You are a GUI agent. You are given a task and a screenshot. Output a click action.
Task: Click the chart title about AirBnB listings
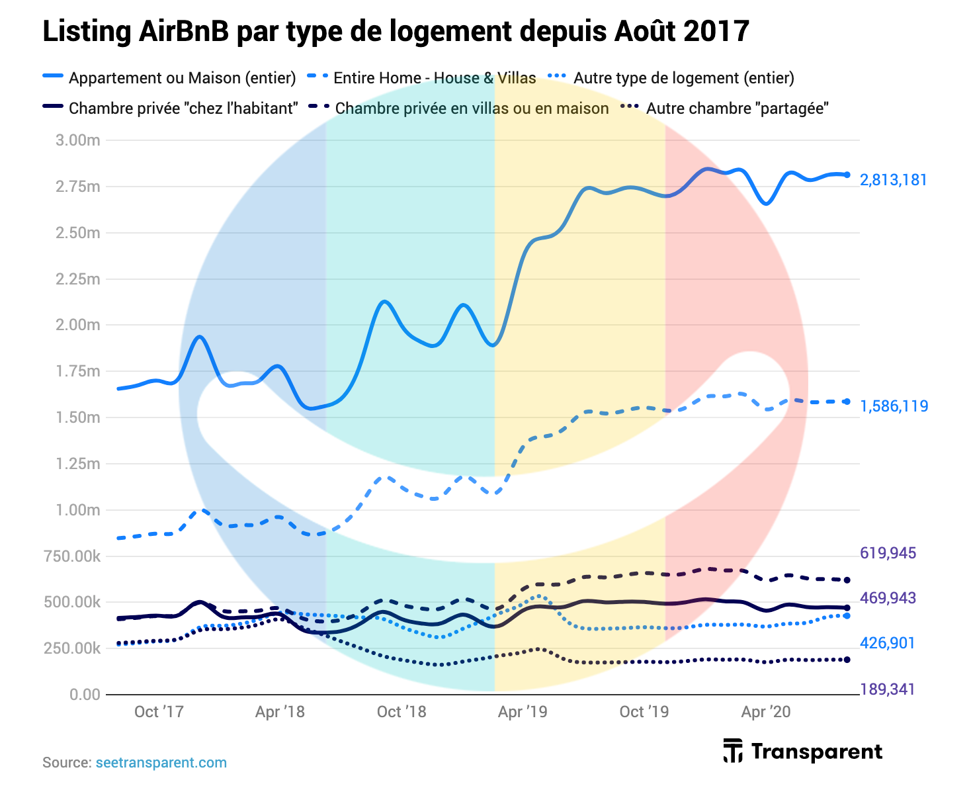click(x=396, y=31)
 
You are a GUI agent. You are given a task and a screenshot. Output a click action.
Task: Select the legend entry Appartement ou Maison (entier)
click(x=182, y=78)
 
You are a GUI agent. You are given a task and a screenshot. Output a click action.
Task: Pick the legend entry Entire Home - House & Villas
click(x=434, y=78)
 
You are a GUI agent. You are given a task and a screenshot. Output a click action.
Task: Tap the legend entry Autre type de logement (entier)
click(x=683, y=78)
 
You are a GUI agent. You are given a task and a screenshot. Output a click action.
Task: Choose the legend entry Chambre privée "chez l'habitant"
click(x=183, y=108)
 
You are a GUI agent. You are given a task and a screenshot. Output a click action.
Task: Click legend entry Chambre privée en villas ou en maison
click(x=472, y=108)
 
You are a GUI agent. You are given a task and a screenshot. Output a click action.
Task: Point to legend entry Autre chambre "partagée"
click(x=737, y=108)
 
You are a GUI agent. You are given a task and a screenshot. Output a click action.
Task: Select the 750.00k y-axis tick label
click(x=72, y=556)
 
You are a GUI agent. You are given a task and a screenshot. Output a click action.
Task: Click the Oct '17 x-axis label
click(x=159, y=712)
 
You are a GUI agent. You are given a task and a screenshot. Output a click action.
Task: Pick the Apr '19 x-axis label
click(x=523, y=712)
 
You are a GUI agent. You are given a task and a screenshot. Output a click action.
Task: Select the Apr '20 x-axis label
click(x=765, y=712)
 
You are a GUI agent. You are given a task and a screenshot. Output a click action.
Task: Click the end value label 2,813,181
click(x=893, y=180)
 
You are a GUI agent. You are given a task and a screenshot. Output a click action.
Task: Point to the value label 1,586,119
click(x=894, y=406)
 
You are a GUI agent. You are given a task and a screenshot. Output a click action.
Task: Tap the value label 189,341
click(x=887, y=689)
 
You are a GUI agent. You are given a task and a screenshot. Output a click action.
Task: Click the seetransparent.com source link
click(x=161, y=762)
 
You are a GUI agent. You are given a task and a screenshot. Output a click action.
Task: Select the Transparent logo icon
click(x=732, y=750)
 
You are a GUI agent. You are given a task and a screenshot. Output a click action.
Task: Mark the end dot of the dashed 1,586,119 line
click(x=847, y=402)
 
